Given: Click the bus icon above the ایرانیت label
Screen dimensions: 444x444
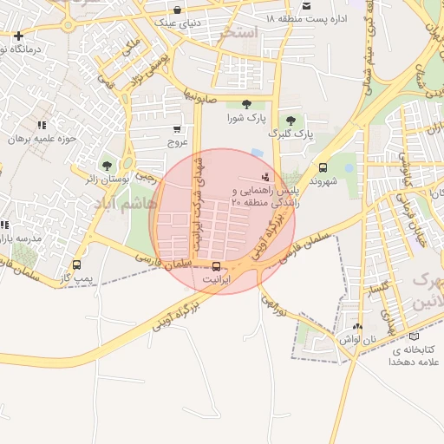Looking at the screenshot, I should tap(216, 267).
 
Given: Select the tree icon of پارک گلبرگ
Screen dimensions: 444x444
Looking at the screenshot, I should tap(289, 121).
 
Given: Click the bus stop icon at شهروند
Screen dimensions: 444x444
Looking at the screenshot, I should tap(323, 168).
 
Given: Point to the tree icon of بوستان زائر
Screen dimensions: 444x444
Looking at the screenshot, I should tap(107, 165).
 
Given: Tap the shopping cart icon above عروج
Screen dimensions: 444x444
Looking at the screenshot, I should tap(177, 128).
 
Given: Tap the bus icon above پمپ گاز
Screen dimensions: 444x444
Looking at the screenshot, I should tap(77, 265).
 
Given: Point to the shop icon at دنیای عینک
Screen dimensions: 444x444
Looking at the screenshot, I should tap(177, 10).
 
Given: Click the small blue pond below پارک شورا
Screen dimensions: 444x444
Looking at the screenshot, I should tap(257, 153).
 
